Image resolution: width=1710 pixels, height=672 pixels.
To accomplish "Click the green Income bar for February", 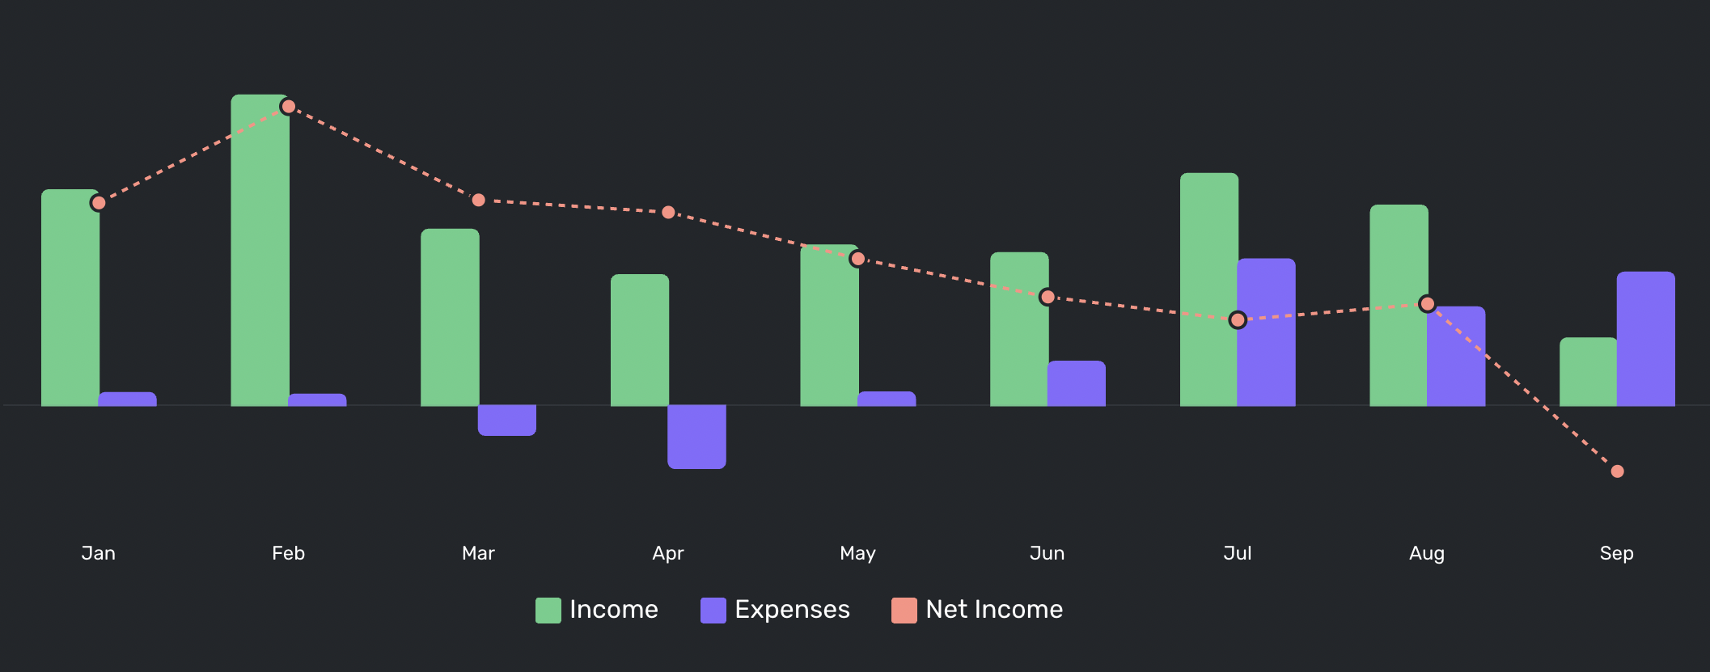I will tap(260, 251).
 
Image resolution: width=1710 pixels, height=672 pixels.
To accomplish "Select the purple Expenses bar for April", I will tap(696, 437).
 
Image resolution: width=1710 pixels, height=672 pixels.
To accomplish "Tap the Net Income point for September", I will tap(1617, 471).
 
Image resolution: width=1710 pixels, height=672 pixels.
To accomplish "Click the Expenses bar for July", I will tap(1266, 332).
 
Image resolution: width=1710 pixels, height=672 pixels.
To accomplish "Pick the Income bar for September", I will tap(1588, 372).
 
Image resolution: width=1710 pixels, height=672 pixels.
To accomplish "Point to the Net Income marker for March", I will tap(478, 200).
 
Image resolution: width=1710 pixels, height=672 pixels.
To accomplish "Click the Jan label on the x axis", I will tap(99, 553).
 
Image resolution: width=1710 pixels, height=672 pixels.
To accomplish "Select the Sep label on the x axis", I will tap(1616, 553).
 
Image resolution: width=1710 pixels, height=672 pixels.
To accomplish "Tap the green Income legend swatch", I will tap(548, 611).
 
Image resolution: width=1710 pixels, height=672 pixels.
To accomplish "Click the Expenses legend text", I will tap(792, 610).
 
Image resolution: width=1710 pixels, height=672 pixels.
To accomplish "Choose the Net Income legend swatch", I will tap(904, 611).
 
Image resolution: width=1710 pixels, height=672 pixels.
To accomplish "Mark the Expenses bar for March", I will tap(507, 420).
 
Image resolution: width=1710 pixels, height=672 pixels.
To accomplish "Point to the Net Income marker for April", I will tap(668, 213).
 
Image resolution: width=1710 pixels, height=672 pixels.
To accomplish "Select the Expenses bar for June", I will tap(1076, 383).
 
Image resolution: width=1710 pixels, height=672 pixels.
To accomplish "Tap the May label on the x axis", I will tap(857, 553).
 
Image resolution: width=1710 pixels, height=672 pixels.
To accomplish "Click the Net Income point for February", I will tap(288, 107).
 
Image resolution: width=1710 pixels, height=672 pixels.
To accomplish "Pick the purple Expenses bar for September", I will tap(1645, 339).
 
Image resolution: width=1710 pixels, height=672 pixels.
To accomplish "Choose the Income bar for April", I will tap(639, 340).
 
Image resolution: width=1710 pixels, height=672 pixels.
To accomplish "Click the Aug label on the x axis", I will tap(1426, 553).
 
